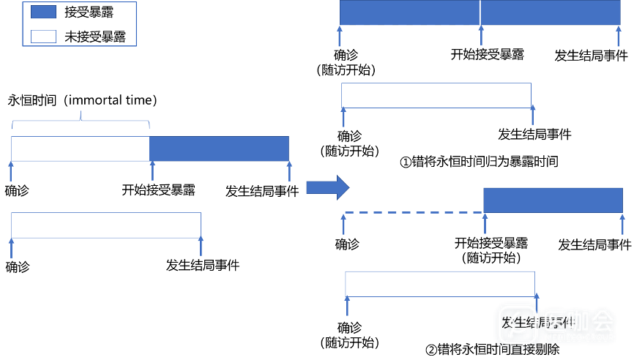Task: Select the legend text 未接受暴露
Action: pos(95,36)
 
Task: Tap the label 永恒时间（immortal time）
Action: pos(83,100)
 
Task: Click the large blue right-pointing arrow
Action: pos(326,188)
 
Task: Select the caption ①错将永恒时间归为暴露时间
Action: pos(479,162)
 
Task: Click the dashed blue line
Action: pos(414,213)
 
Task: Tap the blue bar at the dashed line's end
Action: pos(554,200)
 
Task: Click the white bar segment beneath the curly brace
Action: pos(81,148)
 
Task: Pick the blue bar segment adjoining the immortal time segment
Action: pos(219,148)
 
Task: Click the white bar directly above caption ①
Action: pos(436,95)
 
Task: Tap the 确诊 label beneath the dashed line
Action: pos(348,244)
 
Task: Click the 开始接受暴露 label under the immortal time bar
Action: pos(158,190)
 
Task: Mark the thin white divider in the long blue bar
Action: pos(480,12)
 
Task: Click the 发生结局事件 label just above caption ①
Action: pos(534,134)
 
